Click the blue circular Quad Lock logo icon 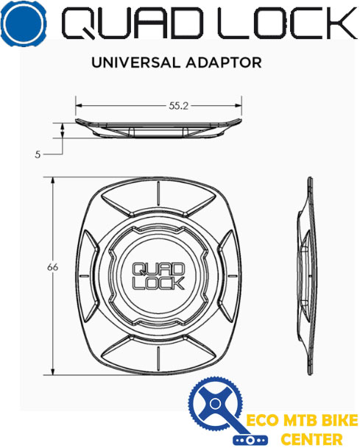[x=23, y=24]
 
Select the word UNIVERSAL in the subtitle [x=135, y=63]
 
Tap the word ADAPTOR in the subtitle [x=224, y=63]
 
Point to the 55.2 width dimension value [x=178, y=106]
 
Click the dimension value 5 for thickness [x=38, y=154]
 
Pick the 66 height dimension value [x=52, y=268]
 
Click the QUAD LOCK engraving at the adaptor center [x=158, y=277]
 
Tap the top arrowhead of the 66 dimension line [x=53, y=181]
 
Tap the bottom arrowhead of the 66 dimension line [x=53, y=371]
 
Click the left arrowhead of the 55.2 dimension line [x=80, y=106]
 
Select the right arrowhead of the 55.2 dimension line [x=239, y=106]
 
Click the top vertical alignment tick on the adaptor [x=158, y=193]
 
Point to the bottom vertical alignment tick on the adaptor [x=158, y=358]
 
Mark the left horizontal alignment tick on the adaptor [x=83, y=277]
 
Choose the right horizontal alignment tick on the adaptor [x=233, y=277]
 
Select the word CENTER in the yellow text [x=311, y=439]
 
